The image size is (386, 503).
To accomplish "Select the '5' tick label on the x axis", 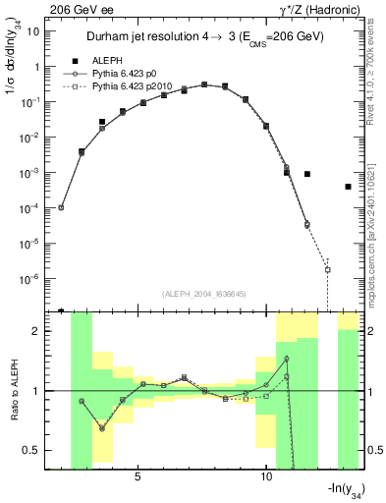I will click(x=138, y=476).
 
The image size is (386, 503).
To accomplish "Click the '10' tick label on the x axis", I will click(x=266, y=476).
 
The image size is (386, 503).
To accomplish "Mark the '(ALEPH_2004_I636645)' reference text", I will click(x=204, y=294).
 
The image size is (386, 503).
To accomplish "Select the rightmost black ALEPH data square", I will click(x=349, y=187).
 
